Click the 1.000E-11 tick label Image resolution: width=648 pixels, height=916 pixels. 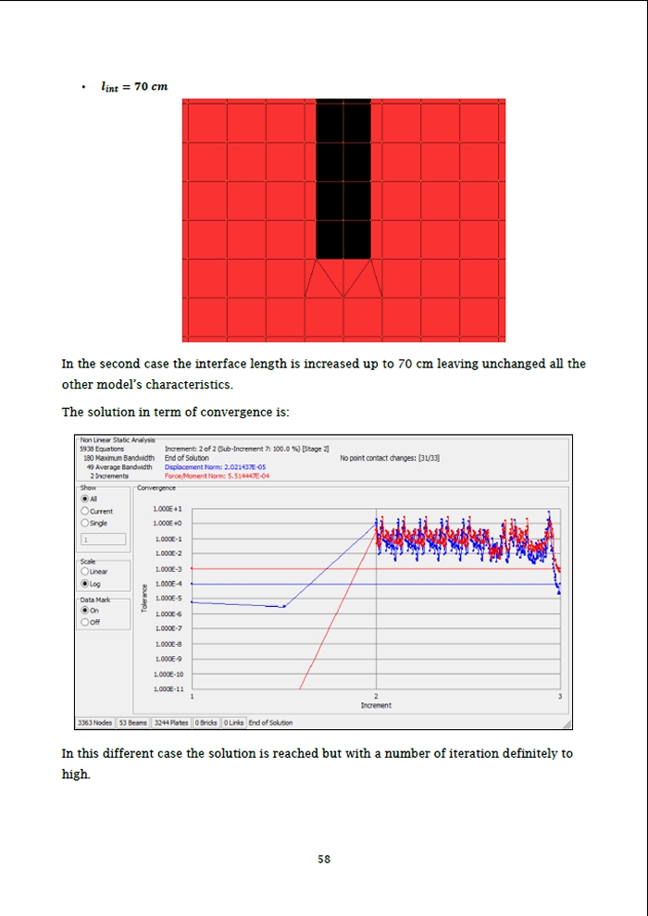pyautogui.click(x=167, y=689)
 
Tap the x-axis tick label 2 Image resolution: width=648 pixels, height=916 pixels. pyautogui.click(x=376, y=696)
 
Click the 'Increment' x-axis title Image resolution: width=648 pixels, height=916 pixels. pyautogui.click(x=376, y=705)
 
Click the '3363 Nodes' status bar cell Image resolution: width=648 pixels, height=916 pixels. pyautogui.click(x=94, y=723)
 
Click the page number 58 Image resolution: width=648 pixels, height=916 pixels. pyautogui.click(x=324, y=859)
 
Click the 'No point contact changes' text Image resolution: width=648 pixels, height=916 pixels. pyautogui.click(x=390, y=458)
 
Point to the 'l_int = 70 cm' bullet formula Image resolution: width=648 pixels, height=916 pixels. pyautogui.click(x=134, y=87)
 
